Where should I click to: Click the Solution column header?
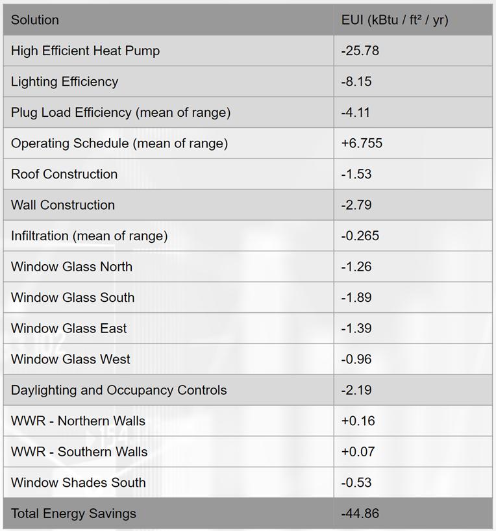[x=35, y=20]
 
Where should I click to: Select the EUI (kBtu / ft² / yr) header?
[x=395, y=20]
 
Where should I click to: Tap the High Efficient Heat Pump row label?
[x=85, y=51]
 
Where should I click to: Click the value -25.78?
[x=360, y=51]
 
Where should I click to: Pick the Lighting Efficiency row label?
[x=64, y=82]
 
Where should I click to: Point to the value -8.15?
[x=356, y=82]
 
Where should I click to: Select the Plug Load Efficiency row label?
[x=120, y=112]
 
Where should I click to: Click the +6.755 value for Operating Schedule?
[x=362, y=143]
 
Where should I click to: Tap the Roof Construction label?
[x=64, y=174]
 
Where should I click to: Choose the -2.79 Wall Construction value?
[x=356, y=205]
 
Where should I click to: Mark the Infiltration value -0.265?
[x=360, y=236]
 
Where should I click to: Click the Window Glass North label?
[x=71, y=267]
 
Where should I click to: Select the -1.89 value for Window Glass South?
[x=356, y=297]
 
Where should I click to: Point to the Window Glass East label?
[x=69, y=328]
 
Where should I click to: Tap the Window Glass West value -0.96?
[x=356, y=359]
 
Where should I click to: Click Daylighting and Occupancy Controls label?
[x=119, y=390]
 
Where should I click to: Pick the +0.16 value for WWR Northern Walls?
[x=357, y=421]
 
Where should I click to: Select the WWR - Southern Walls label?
[x=79, y=452]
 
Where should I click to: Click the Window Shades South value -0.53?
[x=356, y=482]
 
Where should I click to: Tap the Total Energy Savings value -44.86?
[x=360, y=513]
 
